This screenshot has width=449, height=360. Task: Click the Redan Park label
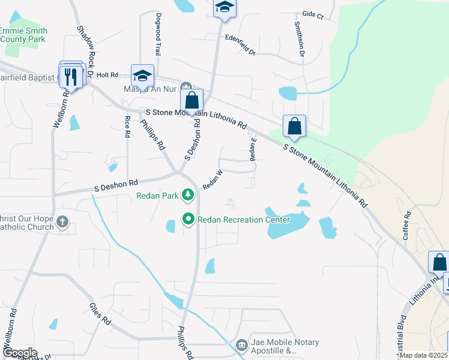point(158,195)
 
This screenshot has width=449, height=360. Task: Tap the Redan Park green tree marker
point(188,194)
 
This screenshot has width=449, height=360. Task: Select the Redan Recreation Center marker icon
point(188,220)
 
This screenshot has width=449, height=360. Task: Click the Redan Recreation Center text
point(244,220)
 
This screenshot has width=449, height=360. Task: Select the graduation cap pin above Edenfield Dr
point(225,7)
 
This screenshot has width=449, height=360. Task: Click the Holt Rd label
point(107,75)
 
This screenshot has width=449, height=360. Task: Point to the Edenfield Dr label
point(240,45)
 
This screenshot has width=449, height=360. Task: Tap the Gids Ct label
point(313,15)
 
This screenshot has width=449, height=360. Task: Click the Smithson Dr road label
point(299,40)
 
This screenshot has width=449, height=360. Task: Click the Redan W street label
point(212,180)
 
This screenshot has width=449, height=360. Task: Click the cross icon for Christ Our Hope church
point(62,223)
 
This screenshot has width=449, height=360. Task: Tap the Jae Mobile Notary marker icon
point(241,344)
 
